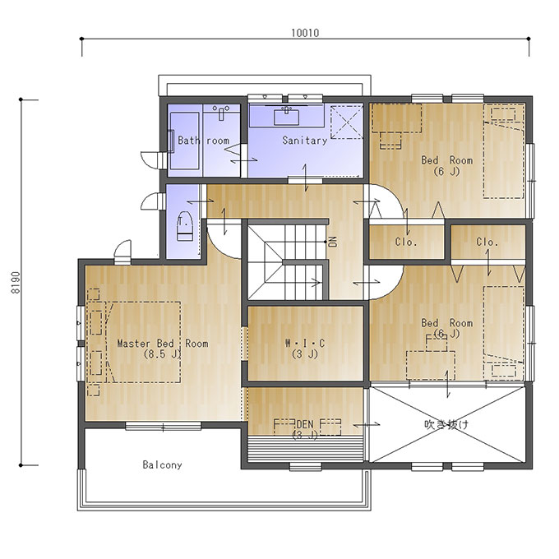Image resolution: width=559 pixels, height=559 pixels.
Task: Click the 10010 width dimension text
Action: coord(305,33)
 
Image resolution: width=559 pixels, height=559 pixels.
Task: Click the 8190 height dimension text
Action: coord(16,283)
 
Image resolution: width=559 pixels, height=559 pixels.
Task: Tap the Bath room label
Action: coord(203,141)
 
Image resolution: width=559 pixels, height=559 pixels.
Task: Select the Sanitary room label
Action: coord(305,141)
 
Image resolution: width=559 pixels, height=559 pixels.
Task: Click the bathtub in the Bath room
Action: coord(184,141)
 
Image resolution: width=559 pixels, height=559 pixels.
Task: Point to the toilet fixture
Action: coord(185,226)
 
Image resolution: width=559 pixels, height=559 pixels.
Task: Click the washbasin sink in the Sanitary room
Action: coord(286,117)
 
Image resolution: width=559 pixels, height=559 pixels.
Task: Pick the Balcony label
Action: coord(162,465)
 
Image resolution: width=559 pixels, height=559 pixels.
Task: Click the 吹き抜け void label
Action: coord(446,425)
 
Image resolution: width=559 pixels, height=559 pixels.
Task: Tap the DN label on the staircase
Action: coord(333,242)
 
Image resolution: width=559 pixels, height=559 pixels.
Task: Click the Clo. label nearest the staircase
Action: coord(406,243)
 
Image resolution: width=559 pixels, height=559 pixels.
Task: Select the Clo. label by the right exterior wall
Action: coord(487,243)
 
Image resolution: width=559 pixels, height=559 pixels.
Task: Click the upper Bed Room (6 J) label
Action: coord(446,166)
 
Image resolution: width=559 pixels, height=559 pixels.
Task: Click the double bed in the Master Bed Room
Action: coord(143,342)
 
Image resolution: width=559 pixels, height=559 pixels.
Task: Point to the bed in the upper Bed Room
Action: coord(504,150)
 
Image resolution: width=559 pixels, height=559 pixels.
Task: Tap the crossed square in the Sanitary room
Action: coord(347,122)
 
